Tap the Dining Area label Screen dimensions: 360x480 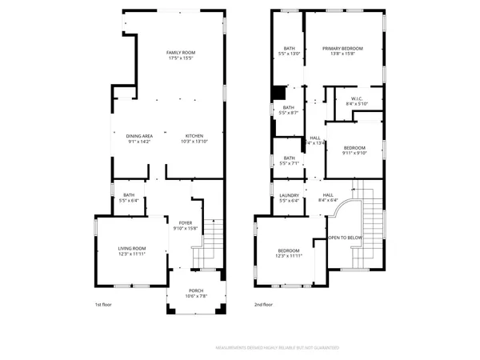point(139,139)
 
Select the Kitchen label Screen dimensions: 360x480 point(195,139)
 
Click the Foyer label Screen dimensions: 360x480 point(185,226)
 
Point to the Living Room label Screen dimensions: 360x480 point(133,251)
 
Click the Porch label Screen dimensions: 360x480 point(196,294)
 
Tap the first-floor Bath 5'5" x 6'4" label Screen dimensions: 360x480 point(128,198)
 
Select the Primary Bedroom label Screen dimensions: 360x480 point(342,51)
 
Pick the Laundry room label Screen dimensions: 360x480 point(289,198)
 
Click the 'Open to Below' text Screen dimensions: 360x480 point(346,238)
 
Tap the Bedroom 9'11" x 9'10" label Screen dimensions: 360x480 point(354,151)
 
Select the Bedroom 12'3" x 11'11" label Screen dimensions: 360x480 point(289,253)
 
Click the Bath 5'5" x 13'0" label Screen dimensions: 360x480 point(288,51)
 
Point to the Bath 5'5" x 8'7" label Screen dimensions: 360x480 point(288,110)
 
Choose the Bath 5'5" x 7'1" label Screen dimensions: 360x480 point(288,161)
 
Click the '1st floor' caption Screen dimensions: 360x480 point(102,305)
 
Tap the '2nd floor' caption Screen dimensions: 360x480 point(263,305)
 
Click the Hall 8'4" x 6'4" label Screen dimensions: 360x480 point(328,198)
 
